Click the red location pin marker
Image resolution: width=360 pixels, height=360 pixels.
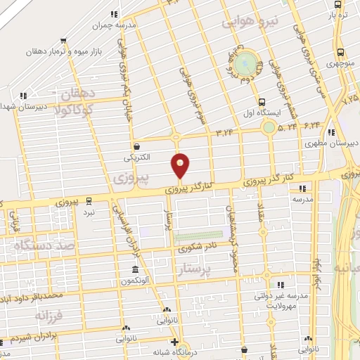(180, 166)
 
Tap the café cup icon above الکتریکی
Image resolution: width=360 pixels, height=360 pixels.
(136, 146)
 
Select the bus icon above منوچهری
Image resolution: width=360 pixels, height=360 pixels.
(340, 52)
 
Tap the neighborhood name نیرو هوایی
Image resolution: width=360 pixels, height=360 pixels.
(252, 21)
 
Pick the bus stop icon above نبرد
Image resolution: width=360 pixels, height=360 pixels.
(88, 200)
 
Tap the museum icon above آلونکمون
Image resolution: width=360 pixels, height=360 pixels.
(134, 270)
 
